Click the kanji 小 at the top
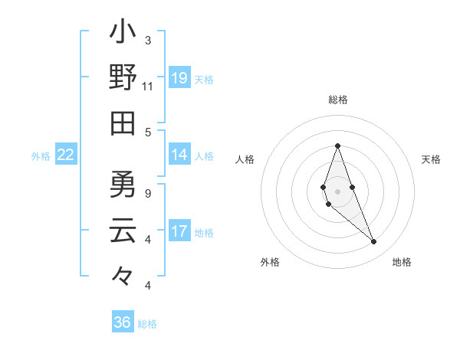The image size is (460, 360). coord(123,34)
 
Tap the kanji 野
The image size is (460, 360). coord(123,78)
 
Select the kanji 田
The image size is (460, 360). coord(123,123)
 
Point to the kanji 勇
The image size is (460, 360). coord(123,185)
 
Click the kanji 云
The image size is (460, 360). coord(123,231)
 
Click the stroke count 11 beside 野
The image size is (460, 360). coord(148,87)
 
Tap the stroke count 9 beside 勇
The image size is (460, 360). coord(148,193)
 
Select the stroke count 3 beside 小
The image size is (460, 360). coord(148,40)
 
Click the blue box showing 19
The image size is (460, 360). coord(179,78)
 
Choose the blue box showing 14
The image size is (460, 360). coord(179,155)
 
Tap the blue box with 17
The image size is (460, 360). coord(179,231)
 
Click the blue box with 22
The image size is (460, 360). coord(66,155)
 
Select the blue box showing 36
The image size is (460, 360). coord(122,322)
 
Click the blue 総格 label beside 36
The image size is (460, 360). coord(147,324)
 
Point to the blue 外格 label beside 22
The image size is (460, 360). coord(41,156)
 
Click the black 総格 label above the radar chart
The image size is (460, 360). coord(337,100)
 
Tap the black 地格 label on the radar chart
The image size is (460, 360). coord(402,262)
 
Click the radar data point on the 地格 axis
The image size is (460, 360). coord(373,242)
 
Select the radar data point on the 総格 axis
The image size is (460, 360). coord(337,146)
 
